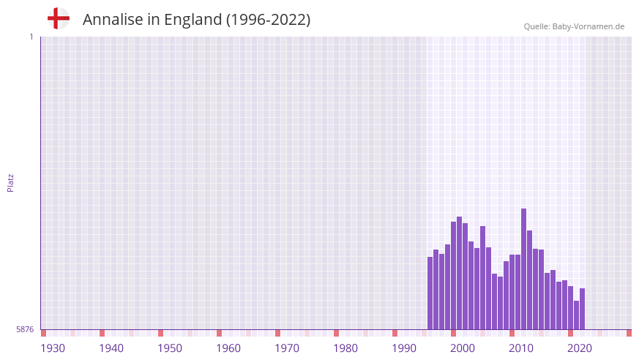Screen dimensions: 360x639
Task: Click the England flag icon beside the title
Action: (x=58, y=18)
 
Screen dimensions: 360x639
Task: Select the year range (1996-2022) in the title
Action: (x=268, y=20)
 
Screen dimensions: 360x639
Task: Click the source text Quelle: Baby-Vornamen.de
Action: (x=574, y=26)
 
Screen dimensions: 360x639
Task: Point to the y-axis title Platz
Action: (x=10, y=183)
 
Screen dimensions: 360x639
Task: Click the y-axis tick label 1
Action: (x=31, y=37)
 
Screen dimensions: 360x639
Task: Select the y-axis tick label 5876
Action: (x=25, y=330)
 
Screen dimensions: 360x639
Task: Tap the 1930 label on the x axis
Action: (x=53, y=348)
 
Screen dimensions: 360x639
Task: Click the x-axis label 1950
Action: (x=170, y=348)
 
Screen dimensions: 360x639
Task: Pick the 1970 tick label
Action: (x=287, y=348)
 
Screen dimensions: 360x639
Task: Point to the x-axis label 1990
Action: (x=404, y=348)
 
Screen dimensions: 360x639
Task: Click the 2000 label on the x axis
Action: (x=463, y=348)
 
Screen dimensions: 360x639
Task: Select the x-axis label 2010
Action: (x=521, y=348)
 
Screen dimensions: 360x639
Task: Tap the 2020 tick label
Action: (x=580, y=348)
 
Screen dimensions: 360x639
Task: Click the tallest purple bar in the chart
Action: (x=523, y=269)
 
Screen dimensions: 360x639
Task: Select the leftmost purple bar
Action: (x=430, y=293)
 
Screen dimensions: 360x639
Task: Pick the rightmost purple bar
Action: (x=582, y=309)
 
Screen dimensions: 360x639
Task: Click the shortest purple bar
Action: (x=576, y=315)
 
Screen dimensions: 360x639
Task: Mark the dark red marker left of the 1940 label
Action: (x=102, y=333)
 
